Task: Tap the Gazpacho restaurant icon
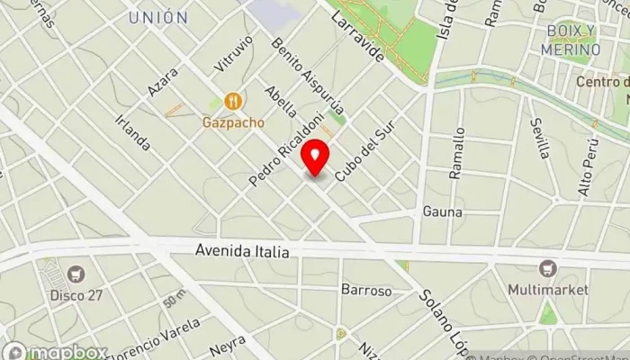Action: [233, 101]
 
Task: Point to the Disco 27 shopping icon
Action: [76, 273]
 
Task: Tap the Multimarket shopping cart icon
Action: [547, 269]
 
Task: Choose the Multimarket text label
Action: [547, 290]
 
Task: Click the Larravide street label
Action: [358, 36]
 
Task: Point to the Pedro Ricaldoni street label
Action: [278, 150]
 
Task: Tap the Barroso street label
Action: [365, 291]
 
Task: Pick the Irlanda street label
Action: [132, 130]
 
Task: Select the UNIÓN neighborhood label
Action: [157, 17]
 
